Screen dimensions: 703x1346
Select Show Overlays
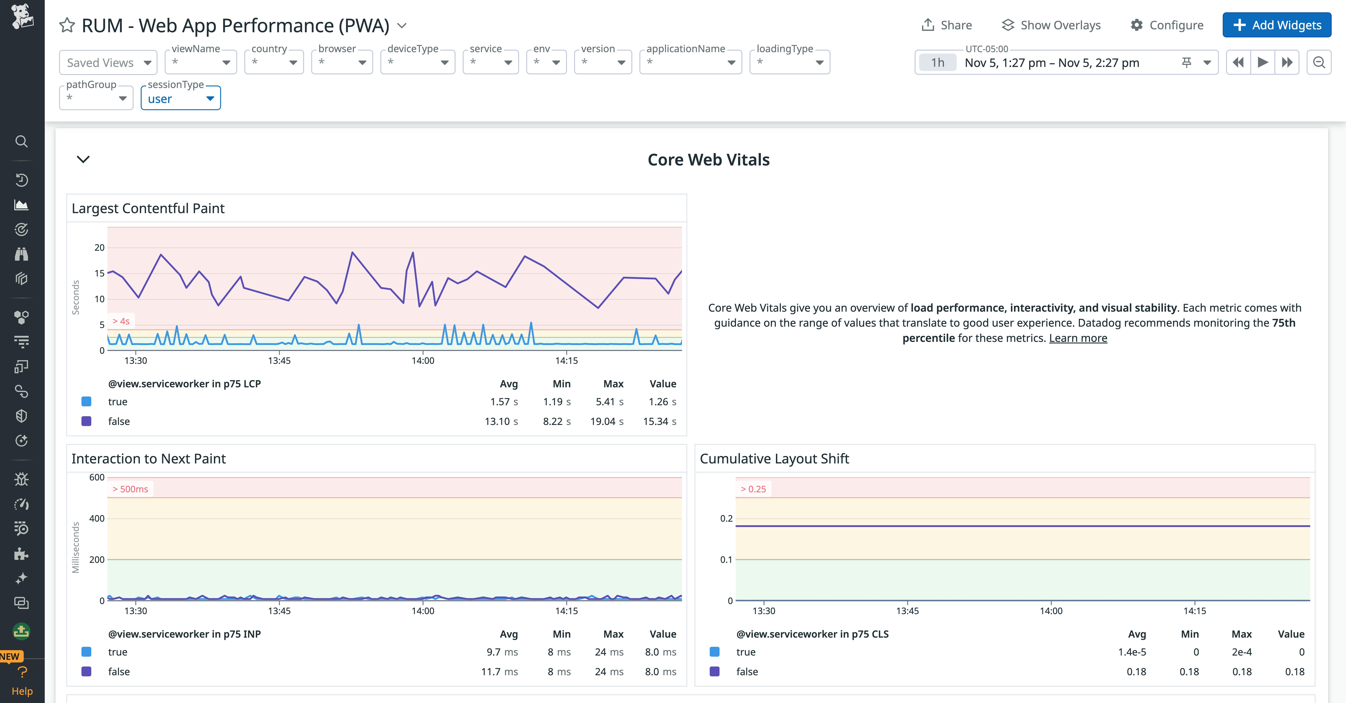[1051, 25]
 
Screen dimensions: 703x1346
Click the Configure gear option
[1167, 25]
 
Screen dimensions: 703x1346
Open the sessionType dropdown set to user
[180, 99]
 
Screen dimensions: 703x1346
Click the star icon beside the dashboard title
[67, 25]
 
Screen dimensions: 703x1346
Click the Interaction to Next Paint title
[148, 458]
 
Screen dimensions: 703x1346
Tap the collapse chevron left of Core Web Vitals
[83, 159]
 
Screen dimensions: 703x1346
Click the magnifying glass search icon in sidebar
[21, 141]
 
